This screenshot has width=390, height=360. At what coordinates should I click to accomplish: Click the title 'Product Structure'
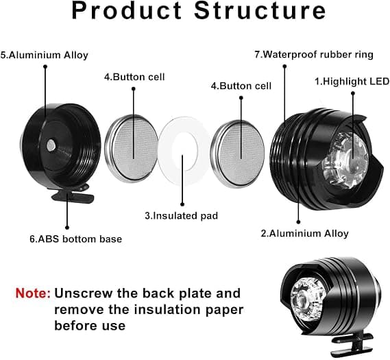click(199, 12)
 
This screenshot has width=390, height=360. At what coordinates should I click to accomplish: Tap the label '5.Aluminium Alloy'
click(45, 55)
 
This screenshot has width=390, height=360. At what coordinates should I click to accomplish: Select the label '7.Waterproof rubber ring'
click(314, 54)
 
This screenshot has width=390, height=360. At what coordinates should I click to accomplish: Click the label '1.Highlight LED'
click(352, 82)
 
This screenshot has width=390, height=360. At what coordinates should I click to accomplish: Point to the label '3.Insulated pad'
click(182, 216)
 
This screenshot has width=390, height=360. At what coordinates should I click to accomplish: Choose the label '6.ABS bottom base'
click(76, 239)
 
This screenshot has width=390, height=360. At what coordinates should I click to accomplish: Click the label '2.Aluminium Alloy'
click(305, 233)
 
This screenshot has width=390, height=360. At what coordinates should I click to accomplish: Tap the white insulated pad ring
click(184, 151)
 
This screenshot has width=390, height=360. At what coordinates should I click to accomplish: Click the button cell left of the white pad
click(132, 148)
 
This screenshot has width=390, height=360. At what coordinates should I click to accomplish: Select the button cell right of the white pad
click(238, 154)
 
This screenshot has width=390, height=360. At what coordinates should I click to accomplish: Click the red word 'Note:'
click(33, 293)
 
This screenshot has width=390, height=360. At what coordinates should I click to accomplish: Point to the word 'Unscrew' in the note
click(84, 293)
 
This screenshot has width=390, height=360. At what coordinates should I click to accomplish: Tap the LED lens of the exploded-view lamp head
click(345, 160)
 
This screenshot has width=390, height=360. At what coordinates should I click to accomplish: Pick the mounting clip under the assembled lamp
click(352, 341)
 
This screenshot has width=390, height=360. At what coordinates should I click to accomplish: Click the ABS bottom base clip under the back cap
click(73, 194)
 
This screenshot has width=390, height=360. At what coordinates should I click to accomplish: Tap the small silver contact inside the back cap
click(51, 145)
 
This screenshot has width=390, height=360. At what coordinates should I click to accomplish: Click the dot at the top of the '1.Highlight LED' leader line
click(353, 93)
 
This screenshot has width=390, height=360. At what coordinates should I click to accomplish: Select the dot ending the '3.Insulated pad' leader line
click(182, 204)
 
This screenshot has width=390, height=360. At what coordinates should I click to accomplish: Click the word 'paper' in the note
click(224, 310)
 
